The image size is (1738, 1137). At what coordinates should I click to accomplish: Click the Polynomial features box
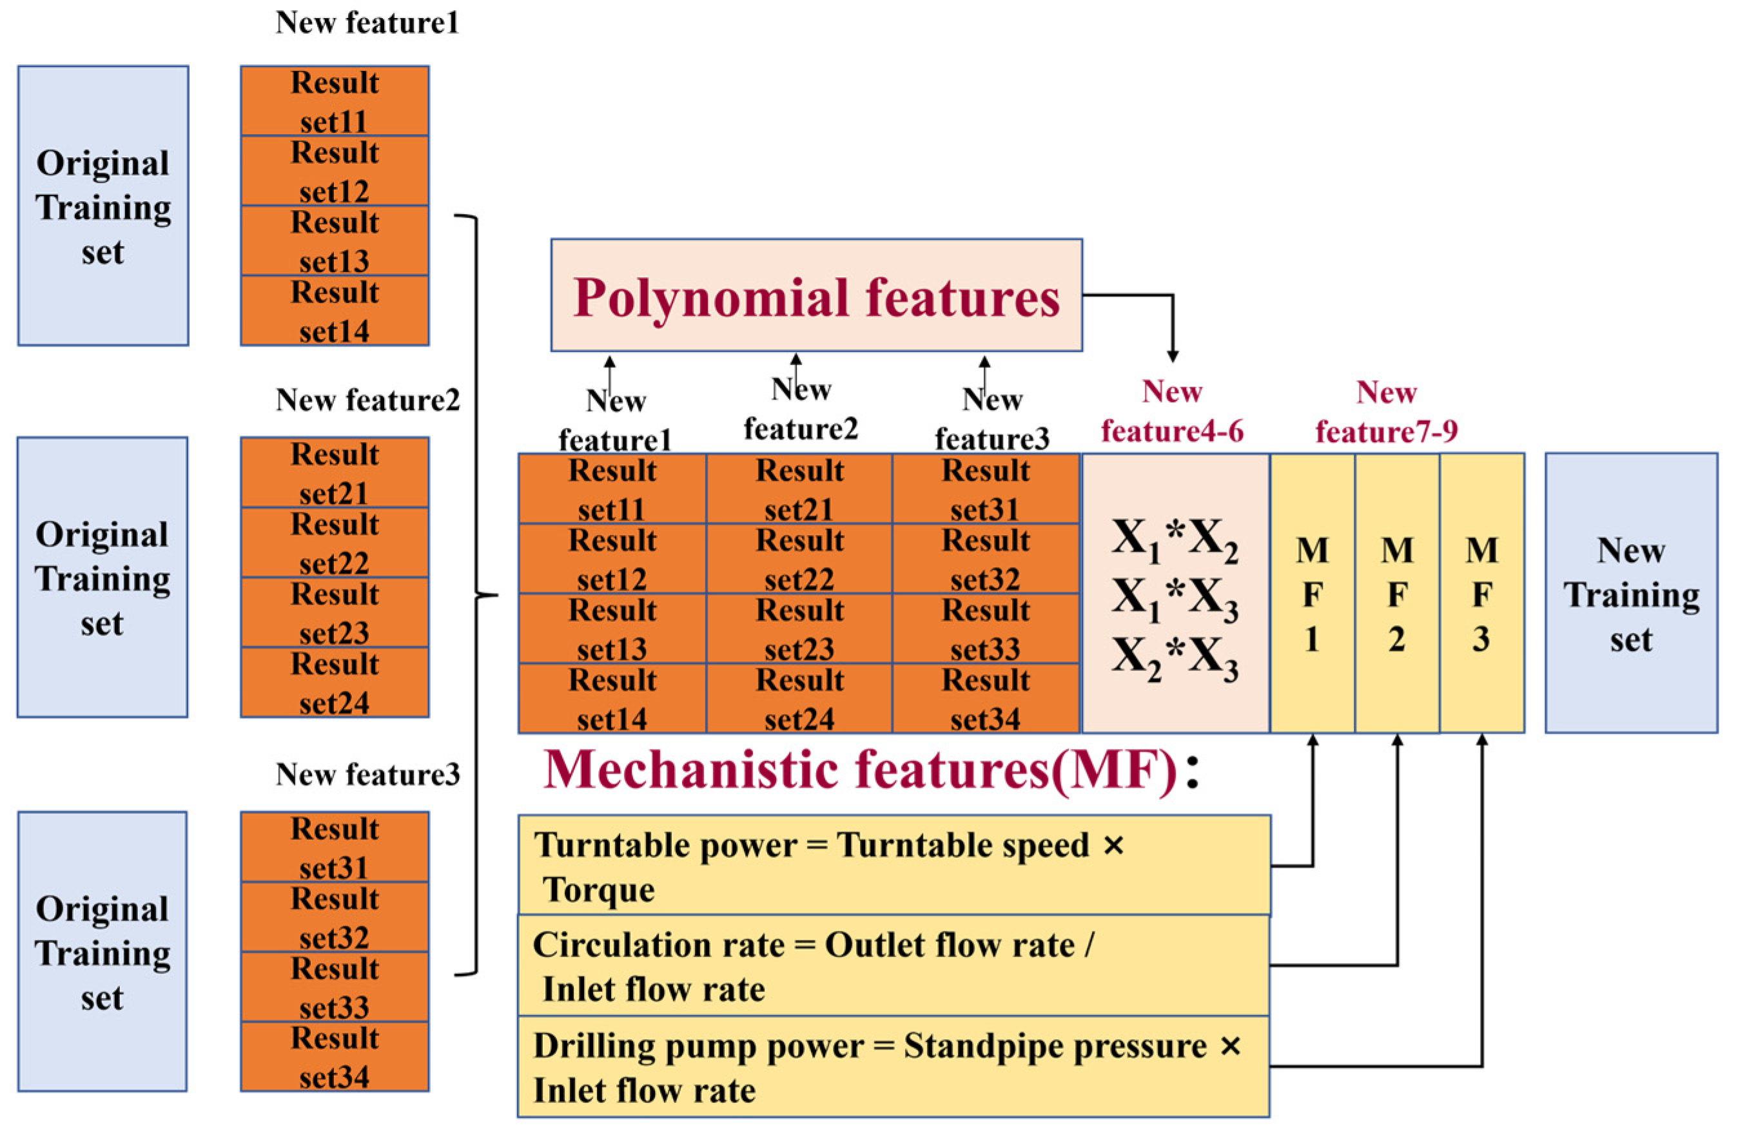[815, 295]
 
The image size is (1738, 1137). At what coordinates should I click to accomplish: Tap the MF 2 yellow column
[1396, 593]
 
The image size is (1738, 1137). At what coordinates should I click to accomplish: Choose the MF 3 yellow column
[1481, 593]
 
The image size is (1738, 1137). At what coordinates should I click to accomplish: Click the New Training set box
[1630, 593]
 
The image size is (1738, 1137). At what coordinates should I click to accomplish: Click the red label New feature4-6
[1171, 412]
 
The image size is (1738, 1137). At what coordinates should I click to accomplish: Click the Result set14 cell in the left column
[335, 311]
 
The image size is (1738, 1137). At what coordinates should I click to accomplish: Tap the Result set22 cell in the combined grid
[799, 559]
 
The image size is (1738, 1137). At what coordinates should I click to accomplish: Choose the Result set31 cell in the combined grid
[985, 489]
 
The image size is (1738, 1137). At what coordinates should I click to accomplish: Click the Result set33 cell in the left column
[335, 987]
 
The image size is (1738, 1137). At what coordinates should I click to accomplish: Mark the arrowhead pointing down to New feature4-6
[1172, 356]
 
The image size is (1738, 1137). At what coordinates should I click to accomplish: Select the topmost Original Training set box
[103, 206]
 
